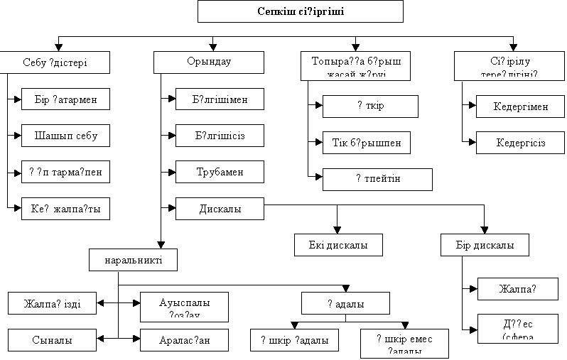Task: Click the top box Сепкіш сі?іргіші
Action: pos(300,11)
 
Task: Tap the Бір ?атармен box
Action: pos(65,99)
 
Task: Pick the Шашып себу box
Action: pos(65,136)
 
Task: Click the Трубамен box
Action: pos(220,172)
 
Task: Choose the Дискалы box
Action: pos(220,209)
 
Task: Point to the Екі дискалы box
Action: pos(338,245)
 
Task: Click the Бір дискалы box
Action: pos(485,245)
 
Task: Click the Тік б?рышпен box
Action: pos(367,143)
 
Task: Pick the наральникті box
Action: pos(134,259)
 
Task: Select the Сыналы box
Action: pos(53,340)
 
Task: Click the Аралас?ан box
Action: pos(184,340)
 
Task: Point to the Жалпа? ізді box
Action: pos(53,304)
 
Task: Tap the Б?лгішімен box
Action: pos(220,99)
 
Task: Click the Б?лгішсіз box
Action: pos(220,136)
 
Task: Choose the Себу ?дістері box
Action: pos(55,62)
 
